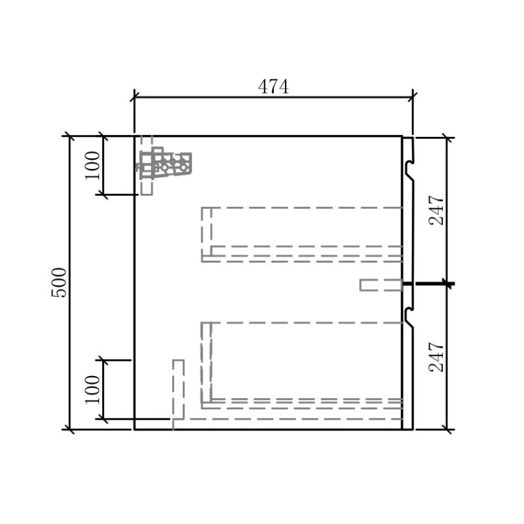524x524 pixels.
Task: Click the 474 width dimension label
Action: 273,87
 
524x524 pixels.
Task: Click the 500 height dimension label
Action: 59,282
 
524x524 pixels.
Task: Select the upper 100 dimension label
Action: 92,166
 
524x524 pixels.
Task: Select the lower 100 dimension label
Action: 92,390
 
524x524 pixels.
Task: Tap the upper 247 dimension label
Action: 436,210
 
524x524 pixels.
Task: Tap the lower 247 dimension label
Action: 436,357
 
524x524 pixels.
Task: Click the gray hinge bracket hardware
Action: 164,163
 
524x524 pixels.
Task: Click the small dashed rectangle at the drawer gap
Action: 381,285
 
